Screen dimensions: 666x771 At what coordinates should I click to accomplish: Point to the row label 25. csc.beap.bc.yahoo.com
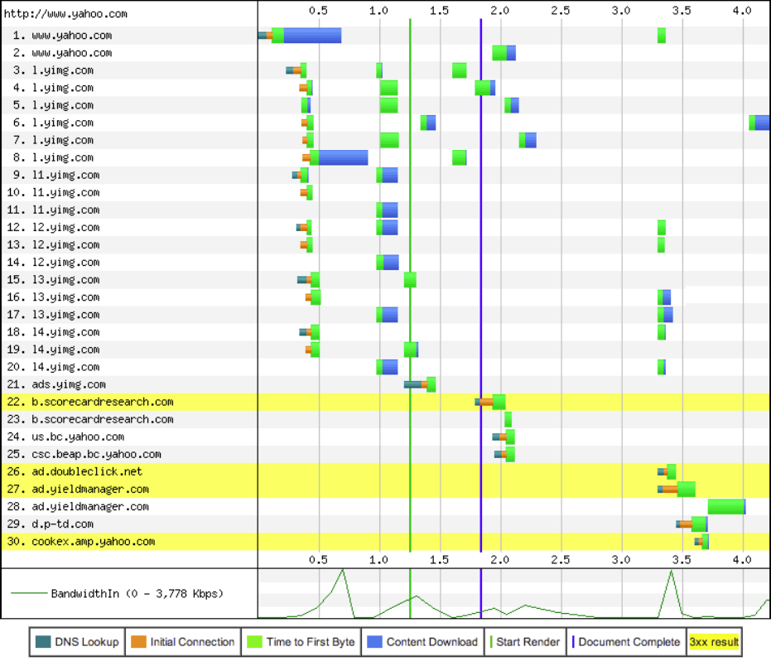click(86, 454)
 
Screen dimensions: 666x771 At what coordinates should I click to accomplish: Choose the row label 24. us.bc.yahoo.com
click(69, 437)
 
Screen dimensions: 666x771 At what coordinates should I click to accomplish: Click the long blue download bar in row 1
click(312, 35)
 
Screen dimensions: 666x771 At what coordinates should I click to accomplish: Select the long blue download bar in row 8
click(343, 157)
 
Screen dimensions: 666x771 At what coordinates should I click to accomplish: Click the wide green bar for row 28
click(725, 507)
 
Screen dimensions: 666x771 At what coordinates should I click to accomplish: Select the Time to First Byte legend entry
click(301, 642)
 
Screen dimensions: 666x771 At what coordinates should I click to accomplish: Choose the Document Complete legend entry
click(622, 642)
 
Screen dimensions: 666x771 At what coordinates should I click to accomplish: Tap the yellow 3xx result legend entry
click(714, 642)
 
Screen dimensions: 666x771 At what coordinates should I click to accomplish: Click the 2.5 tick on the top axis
click(561, 11)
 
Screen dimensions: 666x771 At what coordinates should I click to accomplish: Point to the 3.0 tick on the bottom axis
click(621, 559)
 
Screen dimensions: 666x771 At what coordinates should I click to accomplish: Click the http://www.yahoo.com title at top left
click(65, 13)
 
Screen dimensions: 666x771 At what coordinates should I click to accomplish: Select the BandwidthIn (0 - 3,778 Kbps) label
click(137, 594)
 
